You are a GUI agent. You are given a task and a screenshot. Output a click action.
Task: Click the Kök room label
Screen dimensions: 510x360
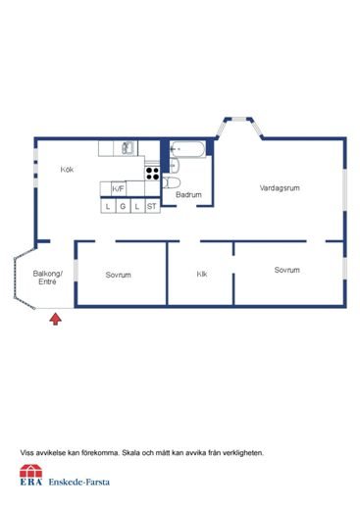click(67, 170)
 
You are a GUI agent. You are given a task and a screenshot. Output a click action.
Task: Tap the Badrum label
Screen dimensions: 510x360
click(188, 195)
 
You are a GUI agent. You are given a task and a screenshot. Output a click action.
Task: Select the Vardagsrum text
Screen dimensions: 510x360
click(279, 187)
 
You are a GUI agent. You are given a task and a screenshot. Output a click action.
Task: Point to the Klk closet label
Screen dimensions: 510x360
click(202, 274)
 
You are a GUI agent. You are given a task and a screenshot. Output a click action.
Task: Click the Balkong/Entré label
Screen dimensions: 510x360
click(47, 278)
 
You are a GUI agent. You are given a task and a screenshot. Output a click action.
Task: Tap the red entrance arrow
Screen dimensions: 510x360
click(55, 318)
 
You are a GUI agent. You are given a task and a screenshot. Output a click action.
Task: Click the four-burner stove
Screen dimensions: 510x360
click(153, 173)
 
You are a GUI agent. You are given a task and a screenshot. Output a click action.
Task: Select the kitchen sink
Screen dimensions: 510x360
click(125, 148)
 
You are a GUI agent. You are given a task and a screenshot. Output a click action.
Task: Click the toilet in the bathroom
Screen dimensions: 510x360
click(173, 182)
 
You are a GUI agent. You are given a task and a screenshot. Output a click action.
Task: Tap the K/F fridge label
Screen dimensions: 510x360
click(118, 189)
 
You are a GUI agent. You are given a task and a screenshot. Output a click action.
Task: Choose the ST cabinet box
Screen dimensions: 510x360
click(152, 206)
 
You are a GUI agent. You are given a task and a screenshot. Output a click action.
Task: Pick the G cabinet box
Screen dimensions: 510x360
click(123, 206)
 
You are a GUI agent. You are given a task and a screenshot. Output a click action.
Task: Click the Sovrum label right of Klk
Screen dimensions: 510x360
click(286, 270)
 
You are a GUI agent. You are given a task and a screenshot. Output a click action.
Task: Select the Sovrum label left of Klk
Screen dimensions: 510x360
click(119, 275)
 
